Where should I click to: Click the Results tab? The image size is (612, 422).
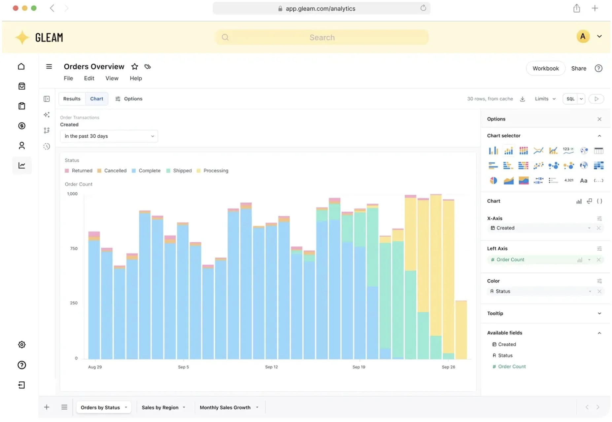coord(72,99)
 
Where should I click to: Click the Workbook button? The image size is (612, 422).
coord(545,68)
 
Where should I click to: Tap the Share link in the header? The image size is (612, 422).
coord(579,68)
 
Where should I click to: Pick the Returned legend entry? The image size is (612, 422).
coord(79,171)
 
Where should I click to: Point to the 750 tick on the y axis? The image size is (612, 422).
coord(74,248)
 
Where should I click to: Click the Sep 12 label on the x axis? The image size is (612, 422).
coord(271,367)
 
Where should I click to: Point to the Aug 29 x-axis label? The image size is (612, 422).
coord(95,367)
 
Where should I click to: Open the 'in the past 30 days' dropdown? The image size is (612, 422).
coord(109,136)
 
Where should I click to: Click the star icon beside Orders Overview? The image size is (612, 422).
coord(135,67)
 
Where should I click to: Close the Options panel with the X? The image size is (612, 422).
coord(599,119)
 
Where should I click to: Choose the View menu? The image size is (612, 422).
coord(112,78)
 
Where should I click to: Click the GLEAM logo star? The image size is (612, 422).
coord(22,37)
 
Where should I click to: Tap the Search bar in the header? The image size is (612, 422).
coord(322,37)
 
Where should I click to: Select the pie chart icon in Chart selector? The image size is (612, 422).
coord(493,180)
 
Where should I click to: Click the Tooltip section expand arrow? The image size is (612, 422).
coord(599,313)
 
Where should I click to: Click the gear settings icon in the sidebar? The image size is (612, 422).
coord(22,345)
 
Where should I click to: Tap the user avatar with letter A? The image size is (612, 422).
coord(583,36)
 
